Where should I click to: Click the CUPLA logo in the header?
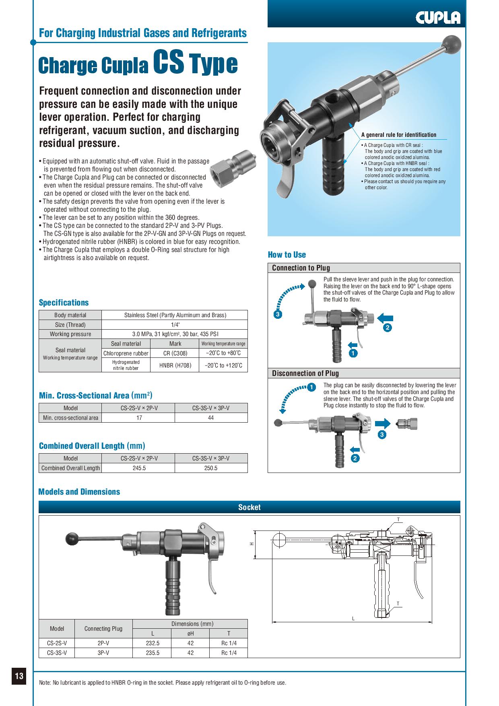[x=438, y=17]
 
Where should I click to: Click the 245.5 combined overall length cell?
[x=139, y=468]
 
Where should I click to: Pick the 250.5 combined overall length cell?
[x=211, y=468]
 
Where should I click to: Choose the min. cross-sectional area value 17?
[x=139, y=417]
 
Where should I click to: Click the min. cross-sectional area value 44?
[x=211, y=417]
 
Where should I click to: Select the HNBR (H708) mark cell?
[x=175, y=365]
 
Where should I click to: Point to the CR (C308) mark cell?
[x=175, y=353]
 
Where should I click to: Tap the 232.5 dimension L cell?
[x=153, y=643]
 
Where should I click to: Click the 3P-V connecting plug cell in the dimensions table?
[x=103, y=652]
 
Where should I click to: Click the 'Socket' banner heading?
[x=249, y=507]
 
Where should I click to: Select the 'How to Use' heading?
[x=287, y=254]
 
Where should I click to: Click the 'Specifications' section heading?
[x=64, y=302]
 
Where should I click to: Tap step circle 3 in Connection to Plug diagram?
[x=278, y=314]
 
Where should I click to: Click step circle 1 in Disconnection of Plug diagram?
[x=311, y=388]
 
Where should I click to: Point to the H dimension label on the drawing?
[x=252, y=544]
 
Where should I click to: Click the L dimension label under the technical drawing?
[x=353, y=618]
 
